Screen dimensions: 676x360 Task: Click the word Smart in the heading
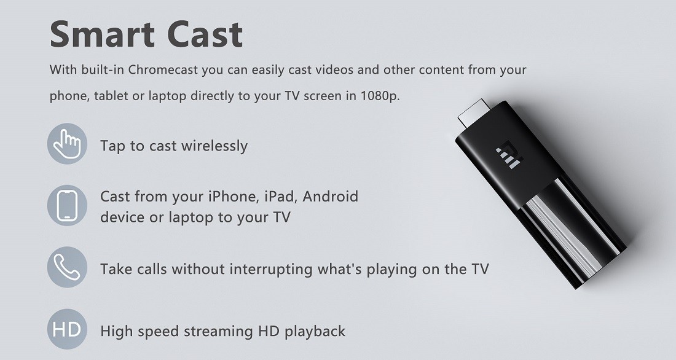[x=102, y=34]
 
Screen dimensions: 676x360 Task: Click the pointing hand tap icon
[x=67, y=144]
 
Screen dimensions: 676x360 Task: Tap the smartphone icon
[x=67, y=206]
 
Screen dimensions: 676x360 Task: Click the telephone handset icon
[x=67, y=267]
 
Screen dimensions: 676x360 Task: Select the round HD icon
[x=67, y=329]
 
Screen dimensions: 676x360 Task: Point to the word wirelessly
[x=214, y=146]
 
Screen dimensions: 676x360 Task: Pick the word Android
[x=330, y=197]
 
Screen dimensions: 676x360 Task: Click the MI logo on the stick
[x=509, y=154]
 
